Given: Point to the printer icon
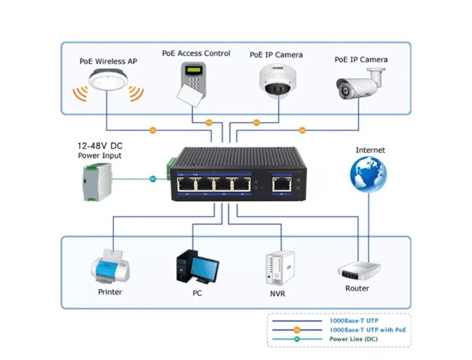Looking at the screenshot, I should coord(111,267).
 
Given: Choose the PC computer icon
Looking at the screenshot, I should coord(197,266).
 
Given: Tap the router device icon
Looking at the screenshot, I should coord(359,270).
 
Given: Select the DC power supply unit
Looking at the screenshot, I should coord(92,182).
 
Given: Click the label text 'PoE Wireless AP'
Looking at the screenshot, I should coord(108,61).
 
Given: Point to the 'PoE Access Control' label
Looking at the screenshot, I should coord(196,53).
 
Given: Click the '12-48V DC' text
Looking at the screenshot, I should coord(100,146).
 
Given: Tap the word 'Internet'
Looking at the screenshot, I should coord(370,150).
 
